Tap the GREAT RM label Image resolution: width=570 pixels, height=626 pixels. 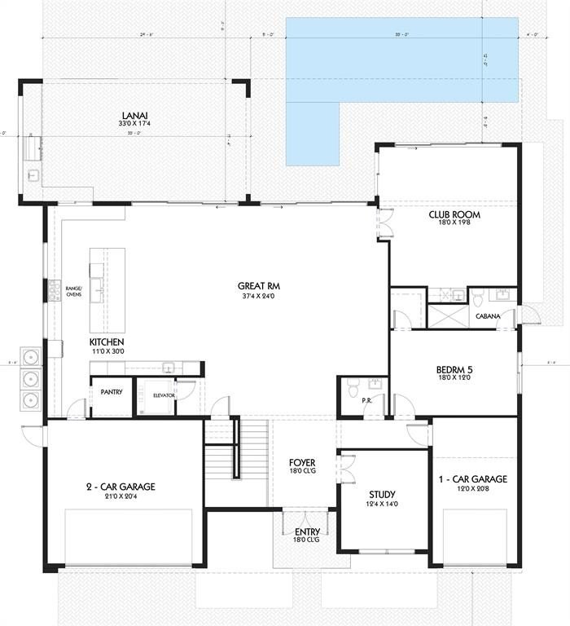coord(253,286)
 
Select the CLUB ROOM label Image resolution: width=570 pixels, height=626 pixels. coord(454,215)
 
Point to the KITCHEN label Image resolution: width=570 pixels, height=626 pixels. coord(107,342)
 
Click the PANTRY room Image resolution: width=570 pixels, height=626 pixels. coord(112,392)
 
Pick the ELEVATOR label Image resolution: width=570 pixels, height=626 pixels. coord(164,395)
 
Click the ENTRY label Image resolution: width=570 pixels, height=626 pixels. coord(306,531)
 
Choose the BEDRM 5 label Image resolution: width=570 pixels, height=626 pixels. coord(454,369)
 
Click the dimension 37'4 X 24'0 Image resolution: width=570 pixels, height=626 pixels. coord(253,296)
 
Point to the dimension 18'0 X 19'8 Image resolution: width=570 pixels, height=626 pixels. coord(454,225)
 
